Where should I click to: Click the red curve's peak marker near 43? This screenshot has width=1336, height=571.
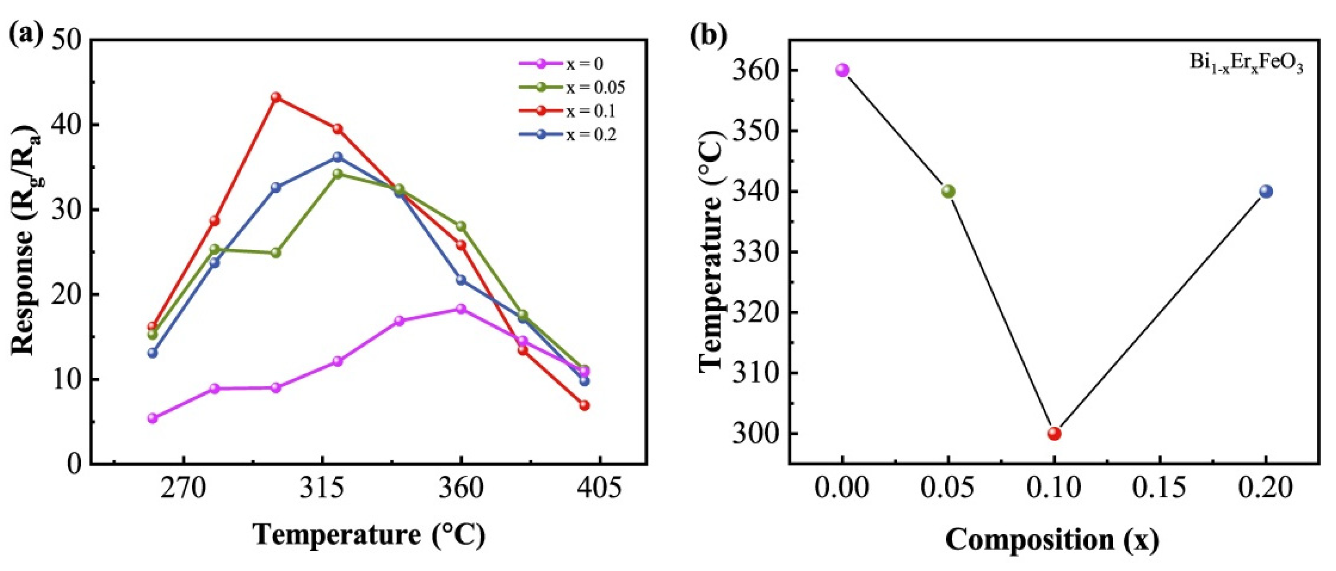coord(276,97)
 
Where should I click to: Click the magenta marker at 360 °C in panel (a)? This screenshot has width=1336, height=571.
coord(461,309)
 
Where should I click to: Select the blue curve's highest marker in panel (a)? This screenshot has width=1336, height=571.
coord(338,157)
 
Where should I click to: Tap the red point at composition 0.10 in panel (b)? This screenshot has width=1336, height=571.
coord(1054,433)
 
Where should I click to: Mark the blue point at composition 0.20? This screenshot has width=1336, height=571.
coord(1266,191)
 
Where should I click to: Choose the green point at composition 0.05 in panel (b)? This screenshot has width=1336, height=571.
coord(948,191)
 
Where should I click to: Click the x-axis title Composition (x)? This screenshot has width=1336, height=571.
coord(1052,540)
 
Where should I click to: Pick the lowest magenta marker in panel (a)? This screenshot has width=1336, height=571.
coord(153,418)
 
